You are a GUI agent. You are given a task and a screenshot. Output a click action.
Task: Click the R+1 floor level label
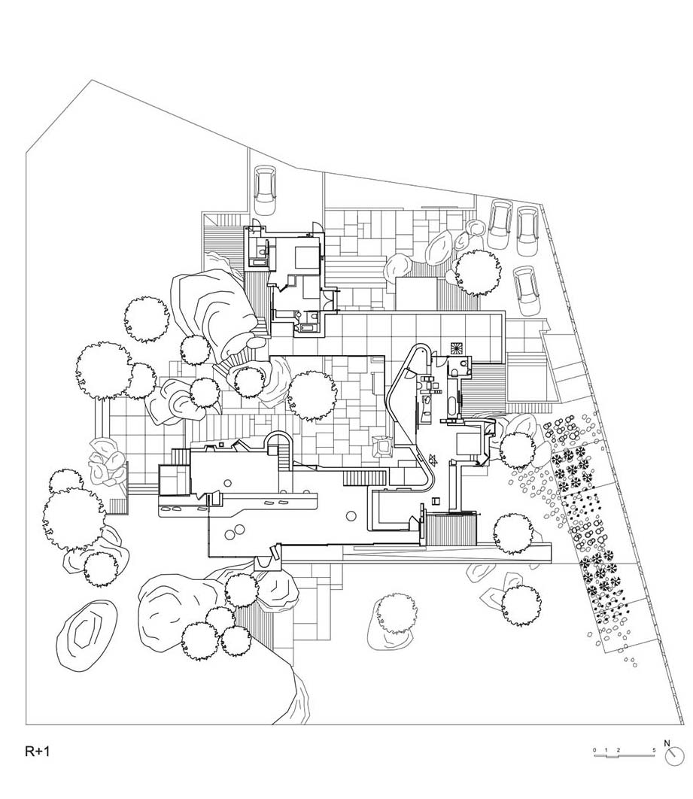coord(37,751)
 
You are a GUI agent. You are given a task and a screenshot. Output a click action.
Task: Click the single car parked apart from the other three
coord(265,190)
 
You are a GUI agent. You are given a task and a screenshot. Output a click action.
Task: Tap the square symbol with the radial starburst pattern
coord(457,348)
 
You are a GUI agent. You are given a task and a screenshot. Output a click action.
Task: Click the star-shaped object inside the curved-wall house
coord(433,460)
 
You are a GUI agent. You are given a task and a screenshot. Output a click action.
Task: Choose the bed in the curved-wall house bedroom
coord(467,443)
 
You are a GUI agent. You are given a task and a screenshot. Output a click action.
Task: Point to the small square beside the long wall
coord(435,500)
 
